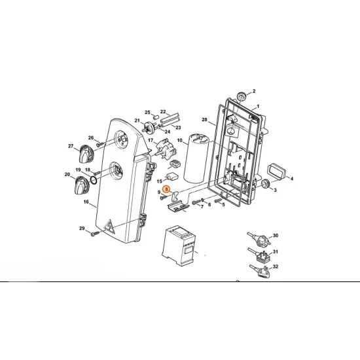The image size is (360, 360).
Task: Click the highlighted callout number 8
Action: (166, 189)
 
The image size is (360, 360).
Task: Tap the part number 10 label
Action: (179, 140)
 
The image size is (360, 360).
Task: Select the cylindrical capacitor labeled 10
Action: (196, 158)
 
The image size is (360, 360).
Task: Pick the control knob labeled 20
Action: (81, 185)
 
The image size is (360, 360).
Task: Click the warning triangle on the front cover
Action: (110, 226)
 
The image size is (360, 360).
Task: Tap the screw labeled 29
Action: (95, 234)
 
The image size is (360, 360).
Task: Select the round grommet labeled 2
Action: (241, 96)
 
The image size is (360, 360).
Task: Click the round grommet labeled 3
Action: (266, 184)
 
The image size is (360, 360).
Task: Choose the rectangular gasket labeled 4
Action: (276, 171)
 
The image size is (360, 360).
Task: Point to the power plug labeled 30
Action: (259, 239)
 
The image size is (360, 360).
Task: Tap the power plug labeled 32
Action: (260, 271)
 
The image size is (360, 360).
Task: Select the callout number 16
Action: (86, 202)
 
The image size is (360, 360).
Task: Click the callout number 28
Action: (204, 119)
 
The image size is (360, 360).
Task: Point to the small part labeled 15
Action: (173, 177)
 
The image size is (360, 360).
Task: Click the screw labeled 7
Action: (196, 202)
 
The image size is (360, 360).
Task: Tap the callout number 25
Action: (147, 113)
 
